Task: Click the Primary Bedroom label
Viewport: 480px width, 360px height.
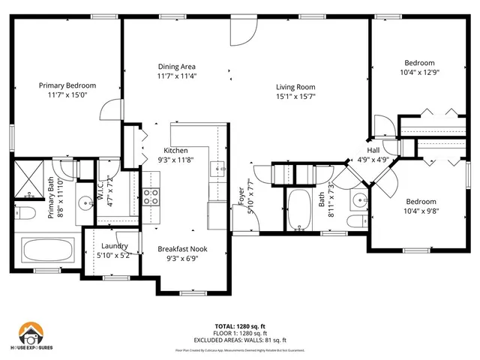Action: (68, 85)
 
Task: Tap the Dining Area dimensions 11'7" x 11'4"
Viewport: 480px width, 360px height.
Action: (177, 76)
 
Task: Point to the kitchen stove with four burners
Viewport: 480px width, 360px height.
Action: (151, 196)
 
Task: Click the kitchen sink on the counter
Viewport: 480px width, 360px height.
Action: (219, 169)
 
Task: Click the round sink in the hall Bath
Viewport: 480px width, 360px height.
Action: (358, 202)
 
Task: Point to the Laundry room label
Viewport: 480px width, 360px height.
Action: (114, 246)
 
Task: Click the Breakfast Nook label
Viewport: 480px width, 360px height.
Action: (182, 249)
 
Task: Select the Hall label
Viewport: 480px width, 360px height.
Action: (372, 149)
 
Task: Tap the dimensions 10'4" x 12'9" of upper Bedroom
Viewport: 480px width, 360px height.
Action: (419, 73)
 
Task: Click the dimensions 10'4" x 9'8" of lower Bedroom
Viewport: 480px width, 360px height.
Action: (421, 211)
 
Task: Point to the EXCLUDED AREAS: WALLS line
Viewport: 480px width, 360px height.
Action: (239, 340)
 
